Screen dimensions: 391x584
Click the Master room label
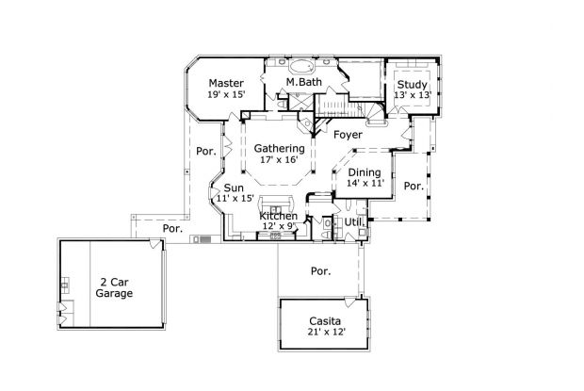click(x=226, y=83)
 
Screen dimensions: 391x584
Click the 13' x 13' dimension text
click(x=411, y=94)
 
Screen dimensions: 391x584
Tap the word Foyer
click(x=348, y=135)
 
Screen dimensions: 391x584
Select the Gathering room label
click(x=279, y=149)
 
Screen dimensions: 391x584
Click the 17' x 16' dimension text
click(x=279, y=160)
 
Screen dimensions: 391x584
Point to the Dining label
click(x=365, y=172)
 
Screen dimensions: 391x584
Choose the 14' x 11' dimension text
click(x=365, y=184)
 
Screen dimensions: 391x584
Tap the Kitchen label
click(x=279, y=217)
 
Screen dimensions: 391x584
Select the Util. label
click(x=355, y=221)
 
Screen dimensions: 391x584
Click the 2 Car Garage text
click(x=113, y=287)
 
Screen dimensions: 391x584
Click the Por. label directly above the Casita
click(x=321, y=270)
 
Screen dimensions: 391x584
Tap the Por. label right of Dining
click(x=413, y=186)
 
